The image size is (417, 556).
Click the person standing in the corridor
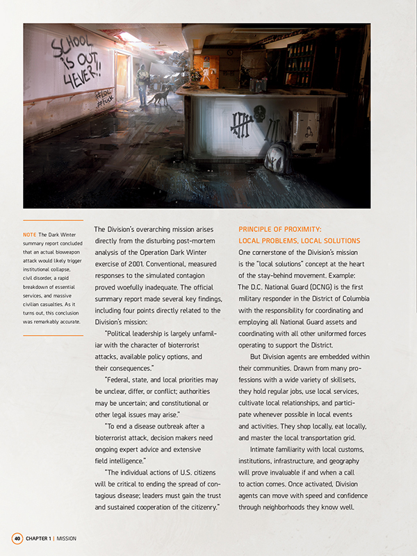tap(143, 86)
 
